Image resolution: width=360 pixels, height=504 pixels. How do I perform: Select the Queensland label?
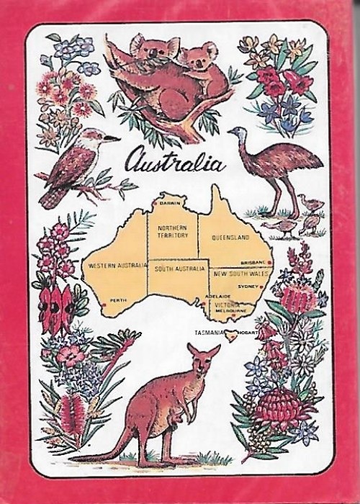230,237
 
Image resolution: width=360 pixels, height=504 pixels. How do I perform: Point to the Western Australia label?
113,266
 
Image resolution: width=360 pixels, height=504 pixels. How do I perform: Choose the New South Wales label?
240,274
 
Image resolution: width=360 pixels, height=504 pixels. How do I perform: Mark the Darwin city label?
168,204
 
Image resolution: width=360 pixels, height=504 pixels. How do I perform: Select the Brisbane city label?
254,263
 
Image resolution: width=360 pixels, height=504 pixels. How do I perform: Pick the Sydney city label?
247,286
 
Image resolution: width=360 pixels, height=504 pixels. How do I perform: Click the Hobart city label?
245,334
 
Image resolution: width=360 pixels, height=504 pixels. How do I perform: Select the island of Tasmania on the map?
230,333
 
